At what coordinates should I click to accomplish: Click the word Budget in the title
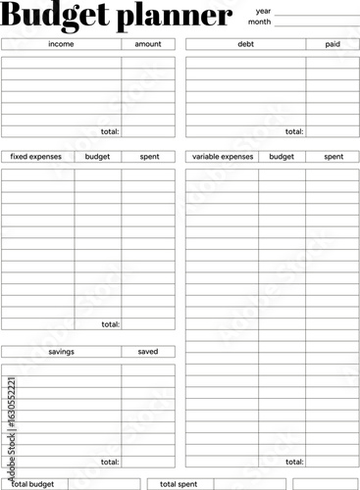tap(56, 17)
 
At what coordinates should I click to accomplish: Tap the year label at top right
tap(263, 10)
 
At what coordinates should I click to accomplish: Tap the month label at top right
tap(259, 22)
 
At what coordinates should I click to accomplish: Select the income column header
tap(61, 44)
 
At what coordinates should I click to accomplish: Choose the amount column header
tap(148, 44)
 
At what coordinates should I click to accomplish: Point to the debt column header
tap(245, 44)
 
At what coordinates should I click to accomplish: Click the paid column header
tap(333, 44)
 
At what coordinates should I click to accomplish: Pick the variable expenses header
tap(223, 157)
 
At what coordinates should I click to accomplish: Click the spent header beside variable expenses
tap(334, 157)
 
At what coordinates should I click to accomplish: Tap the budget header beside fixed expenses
tap(98, 157)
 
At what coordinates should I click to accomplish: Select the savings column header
tap(61, 351)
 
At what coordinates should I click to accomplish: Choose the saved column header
tap(148, 351)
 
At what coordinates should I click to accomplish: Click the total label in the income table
tap(110, 131)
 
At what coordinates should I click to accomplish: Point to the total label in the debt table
tap(294, 131)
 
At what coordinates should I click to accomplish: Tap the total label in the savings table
tap(110, 462)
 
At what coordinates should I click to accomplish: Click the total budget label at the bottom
tap(32, 484)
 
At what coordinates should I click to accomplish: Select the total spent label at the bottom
tap(179, 484)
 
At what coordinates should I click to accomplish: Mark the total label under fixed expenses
tap(110, 323)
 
